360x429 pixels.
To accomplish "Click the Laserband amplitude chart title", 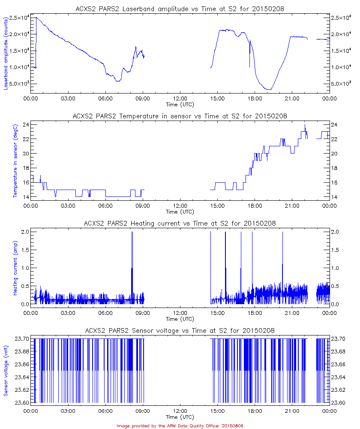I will (180, 9).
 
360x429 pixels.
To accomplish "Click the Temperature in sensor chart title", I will (180, 116).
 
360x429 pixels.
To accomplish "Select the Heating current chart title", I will (180, 223).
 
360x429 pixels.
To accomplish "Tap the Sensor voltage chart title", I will (180, 330).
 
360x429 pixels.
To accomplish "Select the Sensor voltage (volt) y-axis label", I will (6, 371).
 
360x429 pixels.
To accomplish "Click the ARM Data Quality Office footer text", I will (180, 426).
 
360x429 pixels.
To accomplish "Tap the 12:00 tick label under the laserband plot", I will (180, 98).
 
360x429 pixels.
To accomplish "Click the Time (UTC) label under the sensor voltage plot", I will (180, 417).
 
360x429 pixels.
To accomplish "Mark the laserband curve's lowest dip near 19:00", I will (268, 89).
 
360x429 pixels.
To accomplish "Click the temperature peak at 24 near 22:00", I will (305, 125).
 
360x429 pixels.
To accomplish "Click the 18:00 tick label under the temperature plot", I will (255, 205).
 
